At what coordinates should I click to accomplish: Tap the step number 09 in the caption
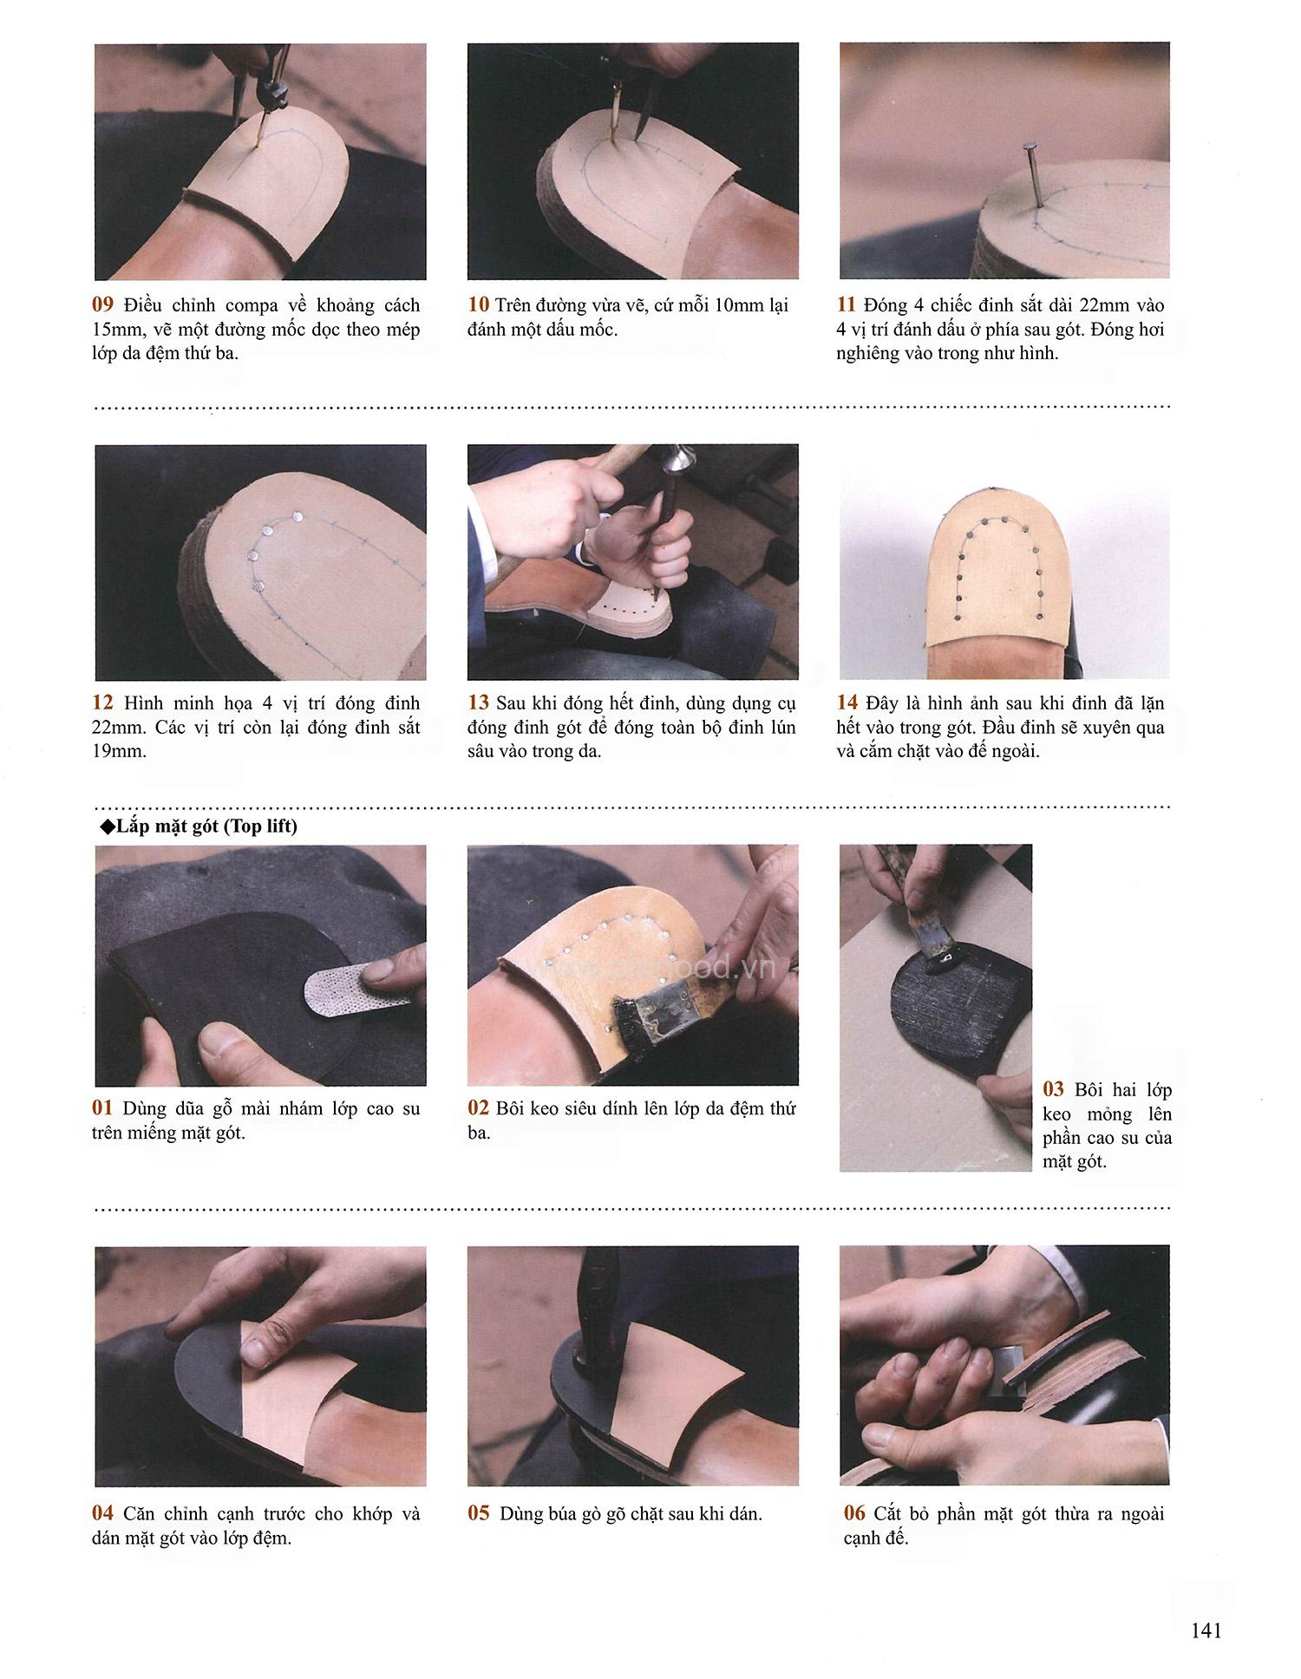coord(103,305)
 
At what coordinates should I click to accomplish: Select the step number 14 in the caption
coord(847,703)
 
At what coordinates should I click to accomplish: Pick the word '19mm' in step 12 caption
coord(117,751)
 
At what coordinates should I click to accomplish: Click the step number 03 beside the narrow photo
coord(1053,1090)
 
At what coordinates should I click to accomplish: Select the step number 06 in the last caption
coord(854,1514)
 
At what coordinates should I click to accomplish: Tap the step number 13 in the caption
coord(479,703)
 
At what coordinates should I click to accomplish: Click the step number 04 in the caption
coord(103,1514)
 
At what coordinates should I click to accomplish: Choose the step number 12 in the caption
coord(103,703)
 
